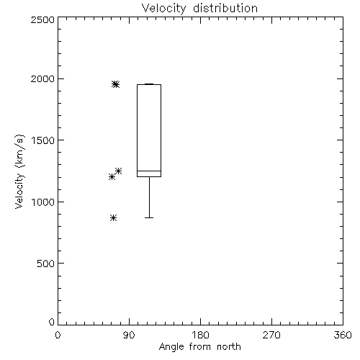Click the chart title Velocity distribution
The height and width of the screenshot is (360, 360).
click(x=199, y=9)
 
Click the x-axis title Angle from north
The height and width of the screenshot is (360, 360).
click(x=199, y=346)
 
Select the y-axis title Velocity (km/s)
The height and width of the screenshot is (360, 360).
click(x=19, y=171)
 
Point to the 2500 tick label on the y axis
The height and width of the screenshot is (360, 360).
click(x=42, y=19)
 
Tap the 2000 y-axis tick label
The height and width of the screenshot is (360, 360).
click(x=42, y=78)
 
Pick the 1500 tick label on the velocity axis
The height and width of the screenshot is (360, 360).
click(x=43, y=140)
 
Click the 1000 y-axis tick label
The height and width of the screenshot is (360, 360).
click(x=43, y=202)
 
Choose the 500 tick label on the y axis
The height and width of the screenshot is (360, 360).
click(x=46, y=264)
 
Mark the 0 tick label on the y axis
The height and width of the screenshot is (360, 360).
click(x=52, y=322)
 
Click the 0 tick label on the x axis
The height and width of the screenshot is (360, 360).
click(x=58, y=335)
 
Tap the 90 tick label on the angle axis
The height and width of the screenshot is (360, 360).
click(x=129, y=335)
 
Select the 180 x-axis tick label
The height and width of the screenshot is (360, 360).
click(x=199, y=335)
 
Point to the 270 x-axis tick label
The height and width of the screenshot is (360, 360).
click(x=271, y=335)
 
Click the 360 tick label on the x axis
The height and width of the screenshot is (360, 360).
click(x=343, y=335)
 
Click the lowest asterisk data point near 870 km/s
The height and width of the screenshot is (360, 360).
click(x=114, y=218)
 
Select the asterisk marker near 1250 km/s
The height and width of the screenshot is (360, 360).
click(x=119, y=171)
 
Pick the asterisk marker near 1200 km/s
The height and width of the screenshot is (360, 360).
click(x=112, y=177)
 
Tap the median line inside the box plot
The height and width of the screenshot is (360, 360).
click(x=149, y=171)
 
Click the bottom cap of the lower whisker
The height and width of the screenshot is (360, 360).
click(x=149, y=217)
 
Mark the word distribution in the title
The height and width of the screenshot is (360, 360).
click(x=225, y=9)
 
